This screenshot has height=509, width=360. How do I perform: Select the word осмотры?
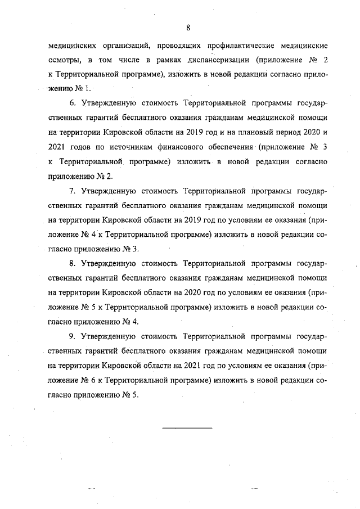[x=62, y=59]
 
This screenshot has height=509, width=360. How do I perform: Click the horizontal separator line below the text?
[x=187, y=429]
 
